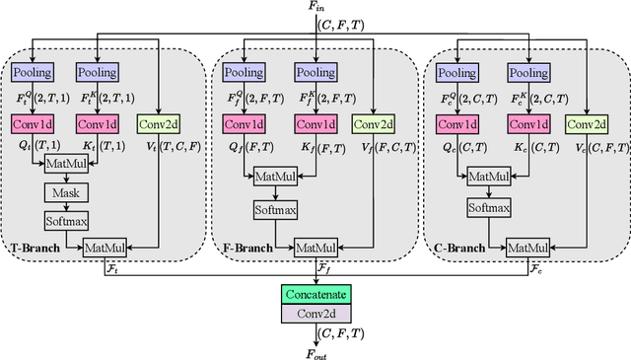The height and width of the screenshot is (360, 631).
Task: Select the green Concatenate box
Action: [x=315, y=294]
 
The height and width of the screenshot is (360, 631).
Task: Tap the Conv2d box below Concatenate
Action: [x=315, y=313]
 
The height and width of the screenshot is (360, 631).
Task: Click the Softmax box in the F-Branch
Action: [x=277, y=208]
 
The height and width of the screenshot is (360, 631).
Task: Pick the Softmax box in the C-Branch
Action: [x=488, y=208]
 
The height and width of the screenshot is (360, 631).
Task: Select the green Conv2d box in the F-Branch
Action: [x=372, y=124]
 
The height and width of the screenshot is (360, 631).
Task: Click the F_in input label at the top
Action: [x=315, y=8]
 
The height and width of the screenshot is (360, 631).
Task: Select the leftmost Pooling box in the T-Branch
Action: [x=36, y=72]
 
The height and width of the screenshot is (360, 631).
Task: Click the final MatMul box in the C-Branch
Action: [x=528, y=247]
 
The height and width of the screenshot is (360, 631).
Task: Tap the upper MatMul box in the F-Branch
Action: [x=277, y=176]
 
